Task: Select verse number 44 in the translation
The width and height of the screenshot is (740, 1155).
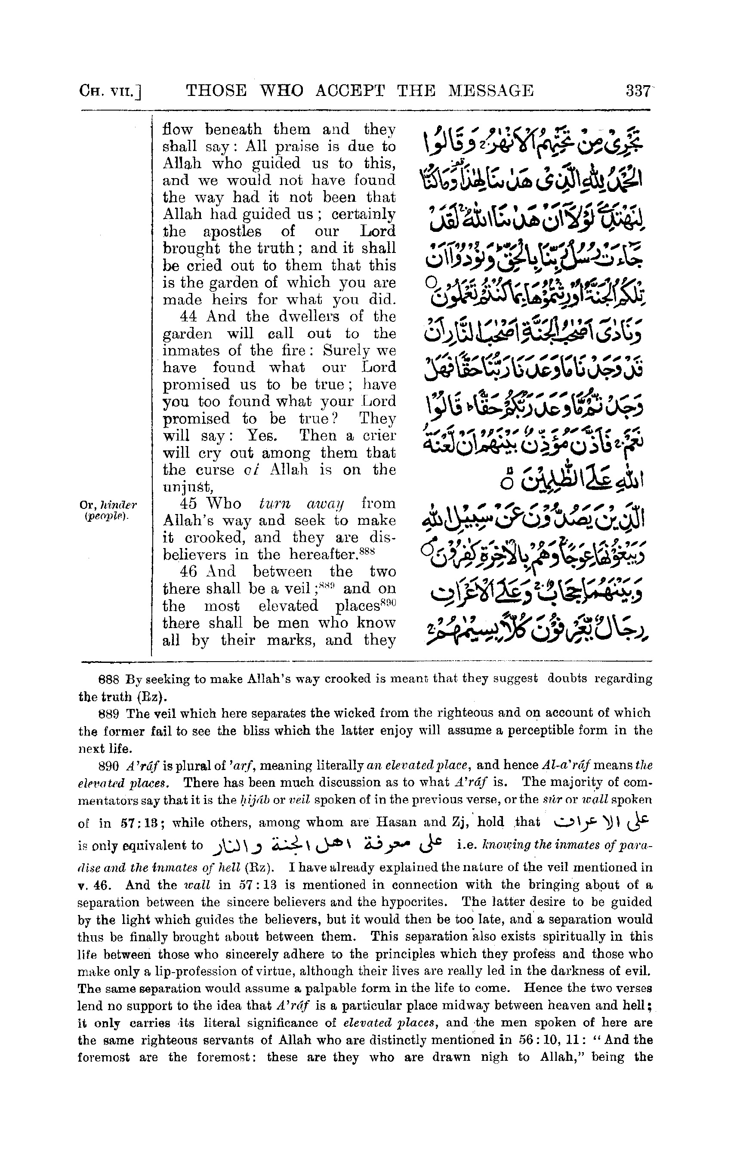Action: pyautogui.click(x=188, y=317)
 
